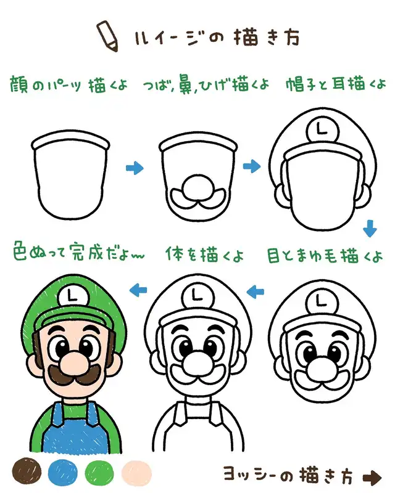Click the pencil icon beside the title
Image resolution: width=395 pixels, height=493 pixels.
107,36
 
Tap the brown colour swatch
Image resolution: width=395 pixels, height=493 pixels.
27,471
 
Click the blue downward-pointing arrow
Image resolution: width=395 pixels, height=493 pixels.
370,229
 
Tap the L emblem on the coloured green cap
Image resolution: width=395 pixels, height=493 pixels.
73,296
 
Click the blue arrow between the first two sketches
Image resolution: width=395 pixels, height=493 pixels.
135,168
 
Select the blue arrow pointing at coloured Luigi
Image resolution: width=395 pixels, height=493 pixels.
138,290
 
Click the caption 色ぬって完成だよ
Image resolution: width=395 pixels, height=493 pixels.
79,252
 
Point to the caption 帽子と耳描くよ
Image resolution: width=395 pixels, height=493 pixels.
336,84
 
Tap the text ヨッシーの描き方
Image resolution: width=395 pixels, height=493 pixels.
288,475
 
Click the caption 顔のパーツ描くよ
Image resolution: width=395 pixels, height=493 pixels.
69,84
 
